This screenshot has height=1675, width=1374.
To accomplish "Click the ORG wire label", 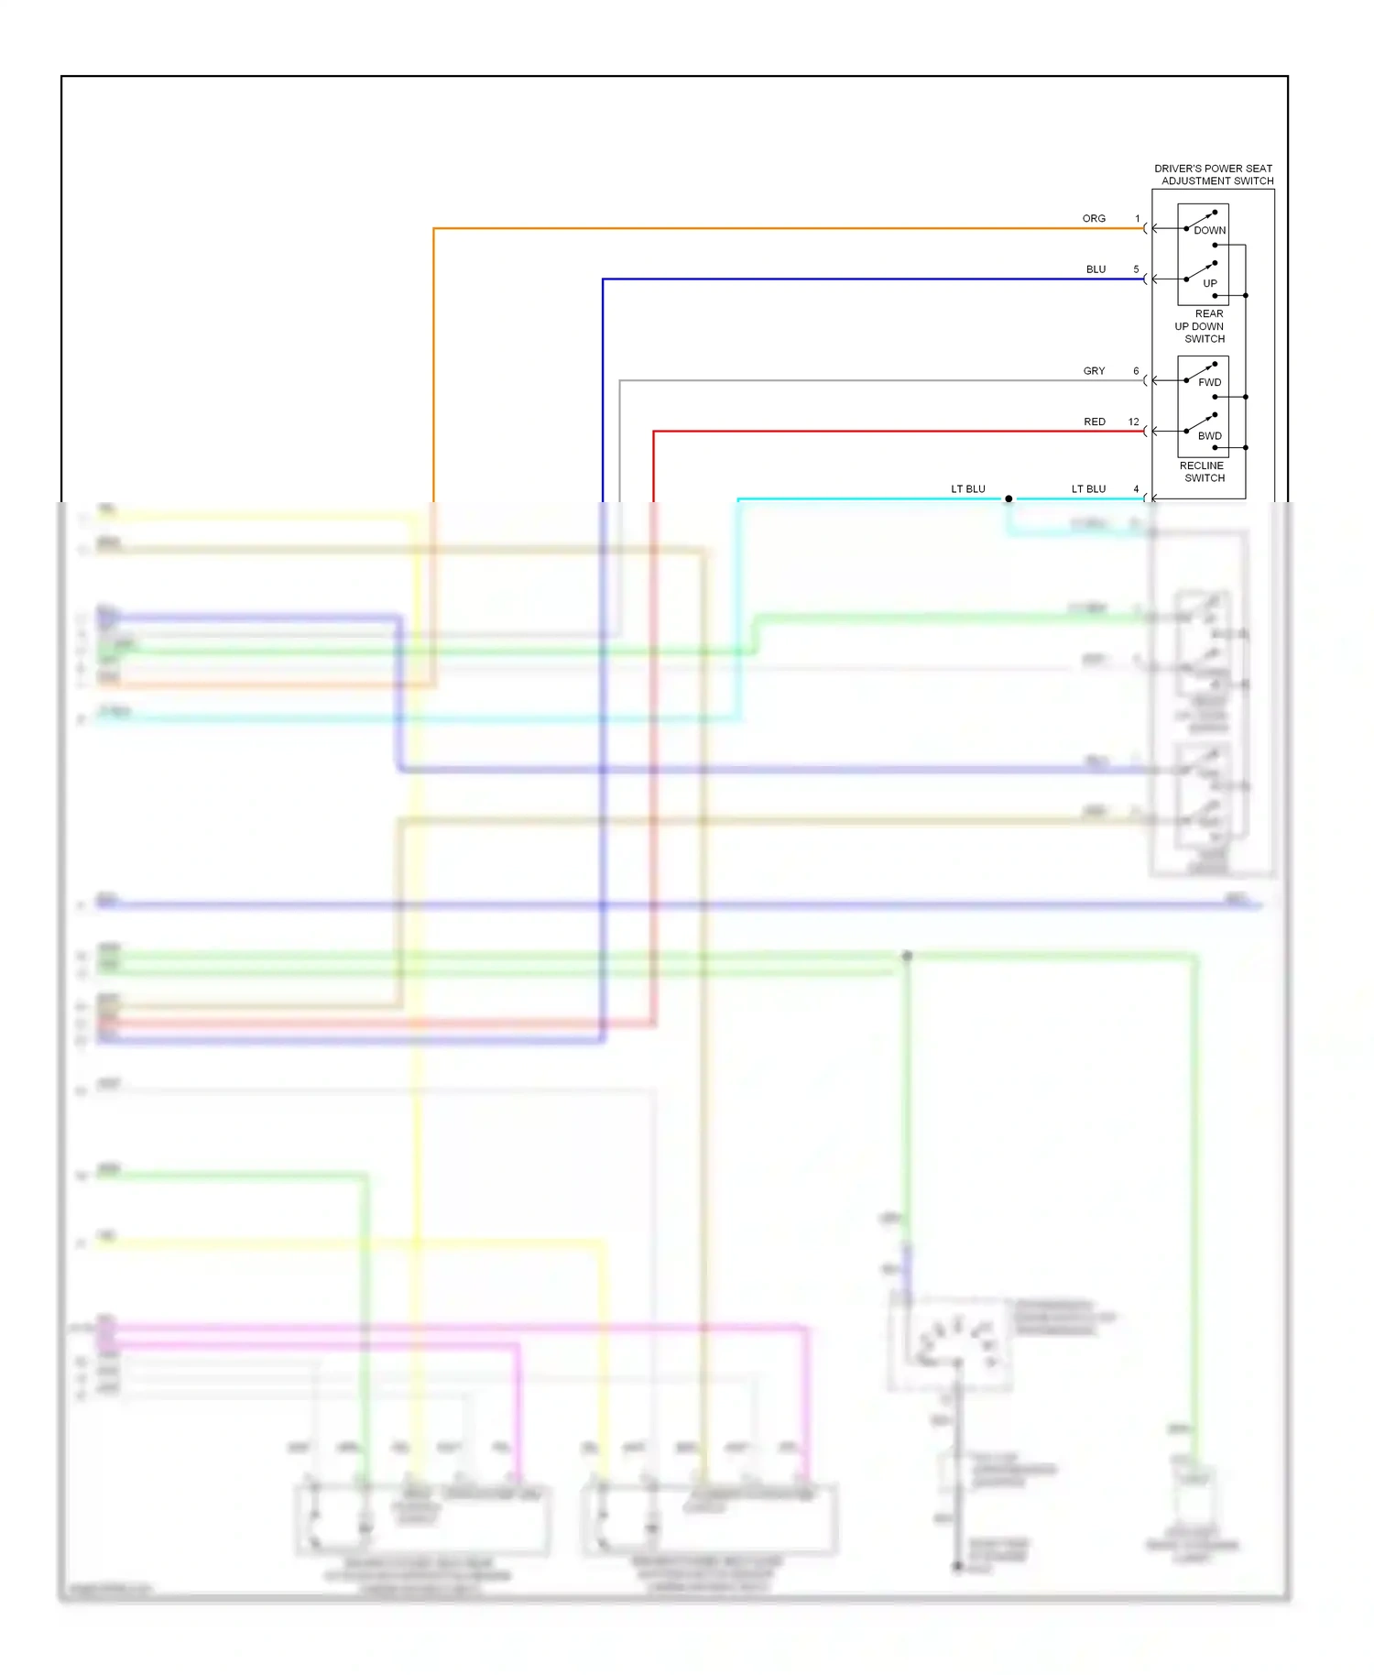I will click(1094, 219).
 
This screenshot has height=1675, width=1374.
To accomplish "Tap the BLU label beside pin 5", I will click(1096, 269).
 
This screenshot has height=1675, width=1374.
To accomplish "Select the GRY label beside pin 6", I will click(1094, 371).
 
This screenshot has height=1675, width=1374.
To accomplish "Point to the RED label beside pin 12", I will click(1095, 422).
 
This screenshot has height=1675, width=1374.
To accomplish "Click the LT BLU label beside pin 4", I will click(1088, 489).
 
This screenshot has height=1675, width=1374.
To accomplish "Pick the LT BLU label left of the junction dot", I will click(967, 489).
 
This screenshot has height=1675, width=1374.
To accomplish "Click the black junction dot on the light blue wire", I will click(1009, 499).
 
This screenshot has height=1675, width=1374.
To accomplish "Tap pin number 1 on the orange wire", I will click(1138, 219).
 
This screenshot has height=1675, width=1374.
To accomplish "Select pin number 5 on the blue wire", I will click(1136, 269).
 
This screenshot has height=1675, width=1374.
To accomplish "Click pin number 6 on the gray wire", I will click(1136, 371).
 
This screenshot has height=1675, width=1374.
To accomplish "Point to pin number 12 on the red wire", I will click(1134, 422).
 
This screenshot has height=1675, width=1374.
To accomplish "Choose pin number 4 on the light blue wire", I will click(1136, 489).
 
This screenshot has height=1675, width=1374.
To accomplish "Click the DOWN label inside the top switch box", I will click(1209, 231).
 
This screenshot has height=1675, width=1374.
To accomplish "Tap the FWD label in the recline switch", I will click(1209, 383).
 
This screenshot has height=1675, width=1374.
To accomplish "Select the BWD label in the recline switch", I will click(1209, 436).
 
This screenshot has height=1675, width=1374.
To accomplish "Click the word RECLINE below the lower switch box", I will click(1201, 466).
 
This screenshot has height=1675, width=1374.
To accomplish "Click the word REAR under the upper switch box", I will click(1208, 314).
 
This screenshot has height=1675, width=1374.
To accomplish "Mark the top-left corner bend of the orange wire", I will click(434, 229).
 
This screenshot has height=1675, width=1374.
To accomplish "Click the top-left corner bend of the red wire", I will click(654, 432).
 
